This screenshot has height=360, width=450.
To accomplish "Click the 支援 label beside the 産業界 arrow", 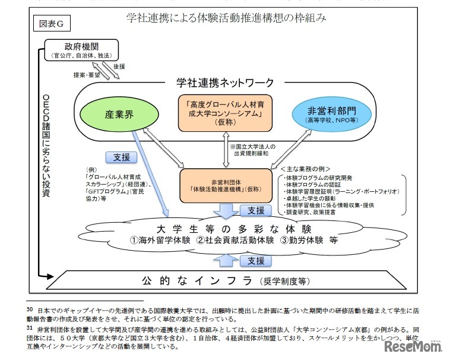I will (121, 157).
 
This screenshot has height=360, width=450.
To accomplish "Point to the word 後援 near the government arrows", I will (119, 67).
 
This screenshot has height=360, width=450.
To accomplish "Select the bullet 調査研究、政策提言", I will (318, 212).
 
